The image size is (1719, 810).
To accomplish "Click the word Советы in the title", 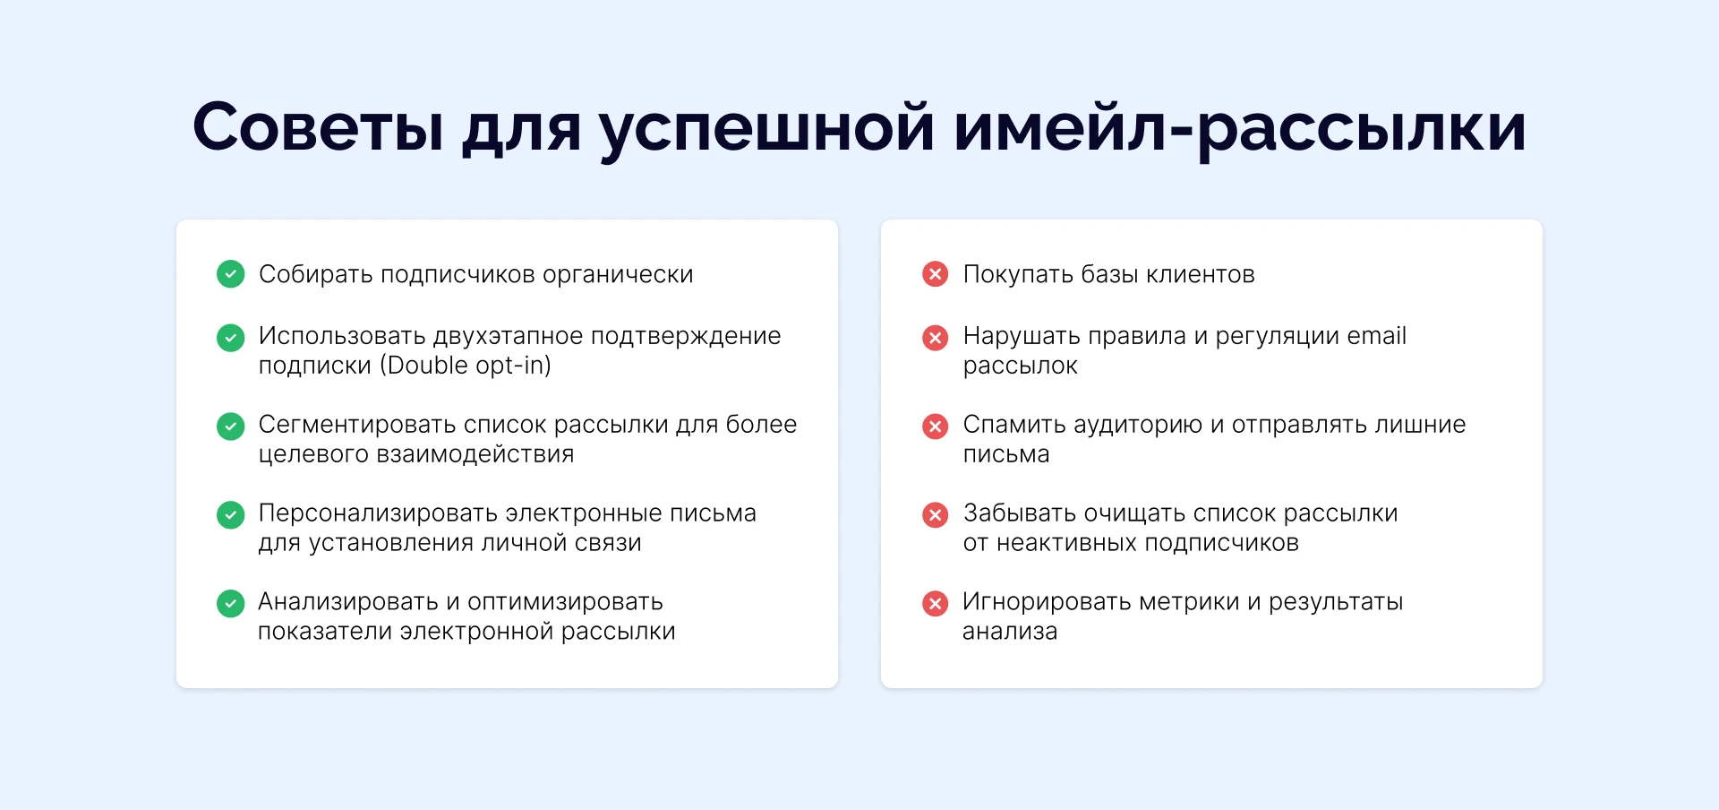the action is pyautogui.click(x=318, y=127).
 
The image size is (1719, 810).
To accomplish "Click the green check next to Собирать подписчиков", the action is pyautogui.click(x=231, y=274).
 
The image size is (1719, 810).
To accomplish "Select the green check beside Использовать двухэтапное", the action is pyautogui.click(x=231, y=338).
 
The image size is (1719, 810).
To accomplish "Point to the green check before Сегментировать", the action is pyautogui.click(x=231, y=427).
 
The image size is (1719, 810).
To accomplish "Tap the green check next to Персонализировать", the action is pyautogui.click(x=231, y=515).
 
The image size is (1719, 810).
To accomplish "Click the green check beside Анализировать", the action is pyautogui.click(x=231, y=604).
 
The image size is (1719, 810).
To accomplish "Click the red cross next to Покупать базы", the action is pyautogui.click(x=936, y=274).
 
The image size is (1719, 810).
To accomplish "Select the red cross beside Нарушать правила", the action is pyautogui.click(x=936, y=338).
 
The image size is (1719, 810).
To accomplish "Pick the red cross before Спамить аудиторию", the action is pyautogui.click(x=936, y=427).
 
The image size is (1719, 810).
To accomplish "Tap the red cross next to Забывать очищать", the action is pyautogui.click(x=936, y=515).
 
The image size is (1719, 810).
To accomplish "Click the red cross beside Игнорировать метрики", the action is pyautogui.click(x=936, y=604).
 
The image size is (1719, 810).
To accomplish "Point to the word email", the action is pyautogui.click(x=1377, y=336).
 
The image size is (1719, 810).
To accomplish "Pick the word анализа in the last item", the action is pyautogui.click(x=1010, y=632).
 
